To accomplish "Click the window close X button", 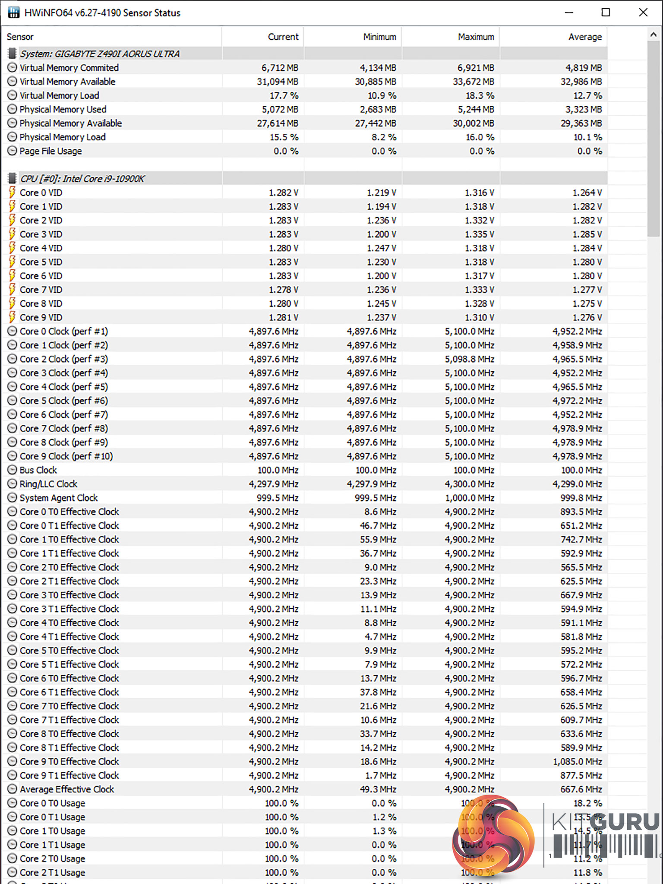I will [x=643, y=13].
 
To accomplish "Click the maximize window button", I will [x=606, y=13].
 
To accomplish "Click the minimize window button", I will [x=569, y=13].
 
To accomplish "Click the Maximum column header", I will [x=476, y=37].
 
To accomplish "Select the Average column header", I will [x=584, y=37].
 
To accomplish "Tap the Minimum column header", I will [x=379, y=37].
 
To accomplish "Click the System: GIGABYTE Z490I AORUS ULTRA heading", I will [x=99, y=54].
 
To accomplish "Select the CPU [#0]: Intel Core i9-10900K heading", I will [x=82, y=179].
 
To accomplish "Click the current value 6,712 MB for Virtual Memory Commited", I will [x=280, y=68].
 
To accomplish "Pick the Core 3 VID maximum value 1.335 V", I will [x=479, y=234].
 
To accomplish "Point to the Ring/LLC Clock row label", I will [x=48, y=484].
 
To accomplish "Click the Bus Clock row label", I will [x=38, y=470].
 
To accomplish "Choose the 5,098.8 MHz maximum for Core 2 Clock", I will [x=470, y=359].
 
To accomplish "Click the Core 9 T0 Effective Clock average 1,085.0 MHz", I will [x=578, y=762].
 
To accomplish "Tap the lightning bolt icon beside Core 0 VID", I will [x=12, y=193].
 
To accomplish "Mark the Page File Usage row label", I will [x=51, y=151].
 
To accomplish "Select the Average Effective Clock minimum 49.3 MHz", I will [x=378, y=789].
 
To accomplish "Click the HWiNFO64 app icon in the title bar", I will [x=14, y=13].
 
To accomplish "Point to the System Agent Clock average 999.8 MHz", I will [x=581, y=498].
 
